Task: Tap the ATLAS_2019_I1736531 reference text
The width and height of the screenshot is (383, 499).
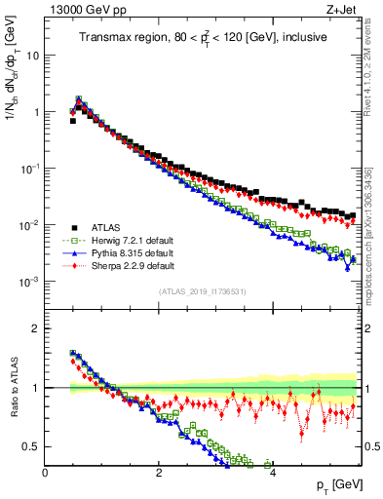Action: (201, 291)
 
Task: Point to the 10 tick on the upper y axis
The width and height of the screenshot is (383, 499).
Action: (31, 56)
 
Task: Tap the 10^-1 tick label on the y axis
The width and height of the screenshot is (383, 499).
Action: (29, 169)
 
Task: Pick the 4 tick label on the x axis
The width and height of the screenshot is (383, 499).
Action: (272, 472)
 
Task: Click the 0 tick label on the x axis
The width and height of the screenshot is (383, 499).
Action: (46, 472)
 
